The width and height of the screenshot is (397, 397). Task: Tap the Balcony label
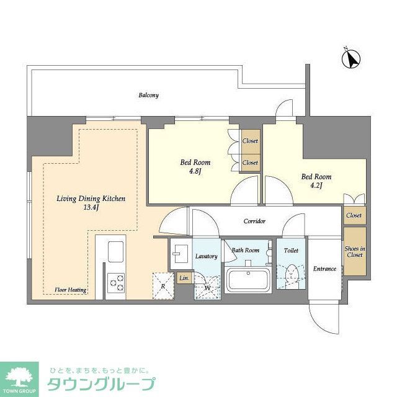tap(148, 96)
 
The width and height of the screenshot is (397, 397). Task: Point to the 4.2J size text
tap(317, 185)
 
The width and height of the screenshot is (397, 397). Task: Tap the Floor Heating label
tap(69, 290)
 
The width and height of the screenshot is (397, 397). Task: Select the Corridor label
tap(254, 221)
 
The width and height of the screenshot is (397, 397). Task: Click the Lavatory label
tap(205, 256)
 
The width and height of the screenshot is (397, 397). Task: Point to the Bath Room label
tap(246, 251)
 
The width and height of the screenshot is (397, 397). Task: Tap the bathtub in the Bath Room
tap(247, 280)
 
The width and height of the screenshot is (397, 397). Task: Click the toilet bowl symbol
tap(290, 273)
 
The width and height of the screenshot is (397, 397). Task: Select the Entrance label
tap(324, 269)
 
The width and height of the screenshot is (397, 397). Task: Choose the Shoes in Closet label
tap(355, 251)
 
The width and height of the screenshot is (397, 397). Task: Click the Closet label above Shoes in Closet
tap(354, 215)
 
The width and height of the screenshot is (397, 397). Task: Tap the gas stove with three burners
tap(115, 282)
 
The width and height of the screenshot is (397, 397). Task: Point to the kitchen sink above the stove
tap(116, 252)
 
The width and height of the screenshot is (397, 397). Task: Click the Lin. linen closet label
tap(184, 279)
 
